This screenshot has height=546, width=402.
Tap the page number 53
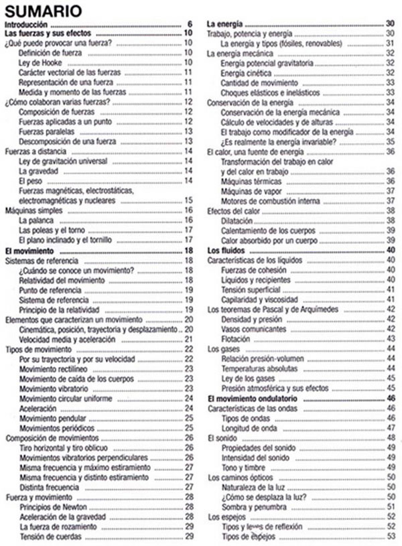click(x=393, y=537)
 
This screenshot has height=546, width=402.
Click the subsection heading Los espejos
click(x=226, y=517)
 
